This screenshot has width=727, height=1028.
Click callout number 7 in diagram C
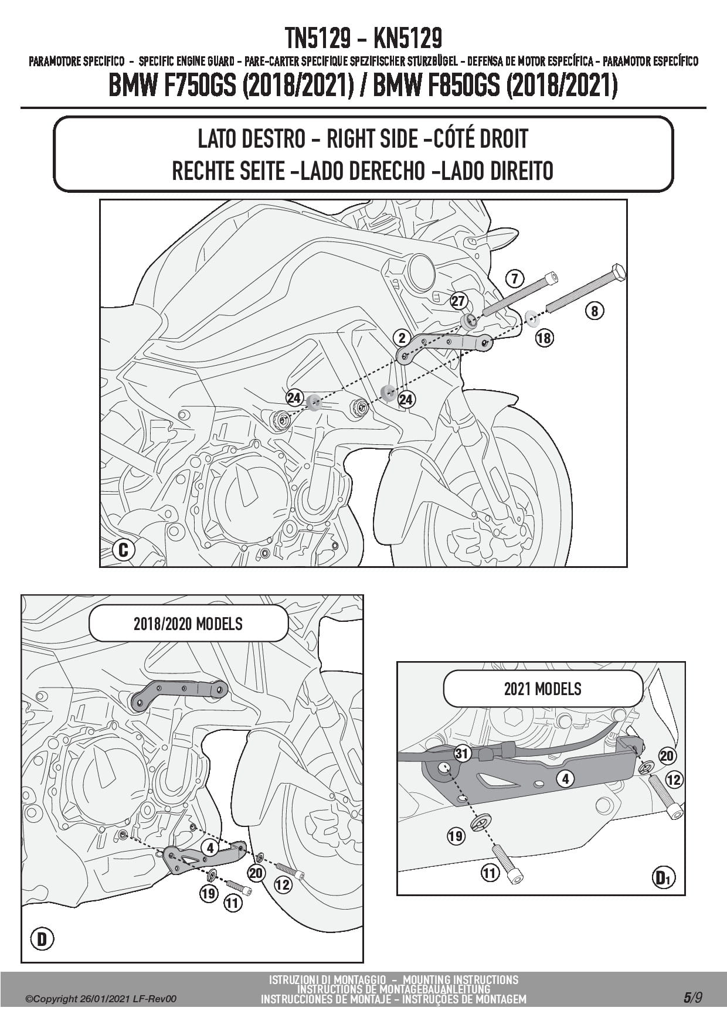pos(514,278)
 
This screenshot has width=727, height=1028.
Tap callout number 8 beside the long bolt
pos(594,311)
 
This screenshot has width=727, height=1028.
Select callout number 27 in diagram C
pos(458,301)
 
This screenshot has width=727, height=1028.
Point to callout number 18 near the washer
pos(544,338)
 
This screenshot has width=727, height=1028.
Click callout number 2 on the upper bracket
pos(402,338)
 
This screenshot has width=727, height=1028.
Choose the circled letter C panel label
pos(123,550)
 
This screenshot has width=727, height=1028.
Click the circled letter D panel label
pos(42,940)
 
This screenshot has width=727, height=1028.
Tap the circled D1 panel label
pos(664,877)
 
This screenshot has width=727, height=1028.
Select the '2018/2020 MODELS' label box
pos(188,624)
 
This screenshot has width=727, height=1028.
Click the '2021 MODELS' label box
pos(543,689)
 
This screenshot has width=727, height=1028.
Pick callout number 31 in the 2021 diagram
pos(463,754)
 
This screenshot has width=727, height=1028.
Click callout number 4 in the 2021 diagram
pos(565,779)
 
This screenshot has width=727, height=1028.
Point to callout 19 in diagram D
pos(209,894)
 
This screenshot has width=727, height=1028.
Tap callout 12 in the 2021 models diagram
pos(674,779)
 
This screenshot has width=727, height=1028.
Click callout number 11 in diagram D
pos(233,903)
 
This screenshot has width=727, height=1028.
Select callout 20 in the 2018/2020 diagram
pos(256,873)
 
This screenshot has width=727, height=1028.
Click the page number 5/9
pos(692,999)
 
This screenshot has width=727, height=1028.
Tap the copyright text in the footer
pos(101,999)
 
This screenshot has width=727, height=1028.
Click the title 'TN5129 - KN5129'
pos(363,39)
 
